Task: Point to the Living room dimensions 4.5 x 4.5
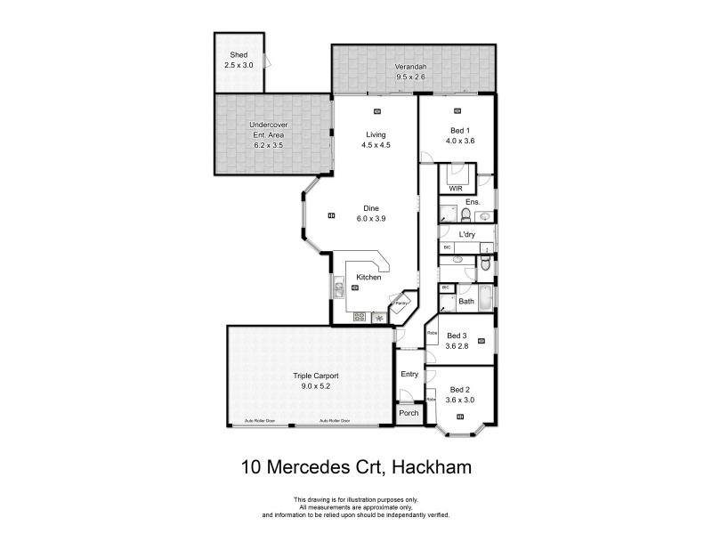(376, 144)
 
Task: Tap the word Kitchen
(368, 278)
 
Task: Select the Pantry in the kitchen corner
(401, 303)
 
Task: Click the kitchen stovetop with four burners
(361, 316)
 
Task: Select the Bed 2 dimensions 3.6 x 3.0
(459, 400)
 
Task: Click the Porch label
(409, 413)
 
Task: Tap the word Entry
(409, 374)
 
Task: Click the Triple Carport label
(316, 376)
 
